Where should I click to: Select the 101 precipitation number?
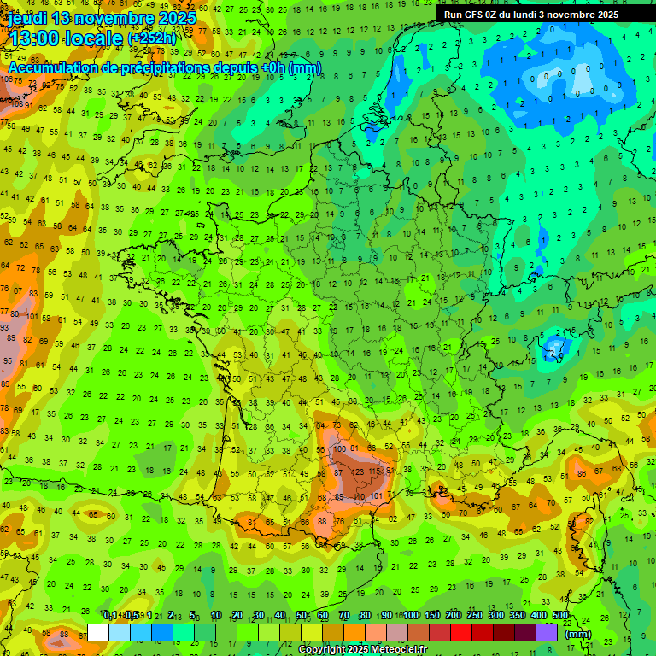pos(377,495)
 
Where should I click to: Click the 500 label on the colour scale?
pos(560,616)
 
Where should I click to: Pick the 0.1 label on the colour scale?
pos(109,616)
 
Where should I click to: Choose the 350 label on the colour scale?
pos(518,616)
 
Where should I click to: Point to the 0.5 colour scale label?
pos(130,616)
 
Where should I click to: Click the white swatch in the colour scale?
pos(98,633)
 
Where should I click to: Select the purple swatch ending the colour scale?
pos(547,633)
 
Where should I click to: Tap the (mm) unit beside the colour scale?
pos(579,634)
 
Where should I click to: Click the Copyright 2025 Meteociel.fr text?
pos(362,650)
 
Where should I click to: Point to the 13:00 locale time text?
pos(65,38)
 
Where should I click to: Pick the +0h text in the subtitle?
pos(272,67)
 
